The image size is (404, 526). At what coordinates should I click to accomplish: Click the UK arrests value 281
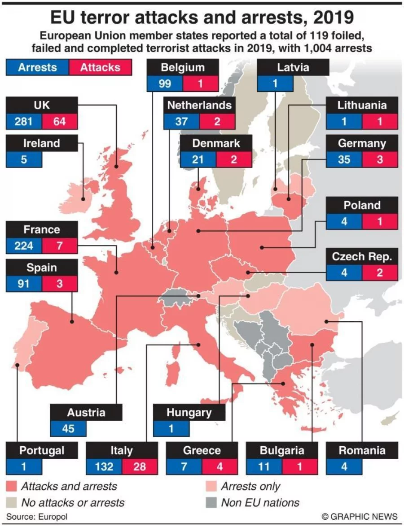[x=24, y=121]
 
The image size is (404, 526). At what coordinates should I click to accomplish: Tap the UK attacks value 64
[x=60, y=121]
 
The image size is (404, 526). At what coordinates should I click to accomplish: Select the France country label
[x=42, y=230]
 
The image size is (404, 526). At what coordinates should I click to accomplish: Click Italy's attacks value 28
[x=140, y=466]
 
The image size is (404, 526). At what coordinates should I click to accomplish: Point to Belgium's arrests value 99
[x=165, y=83]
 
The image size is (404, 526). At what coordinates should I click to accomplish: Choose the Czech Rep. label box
[x=362, y=257]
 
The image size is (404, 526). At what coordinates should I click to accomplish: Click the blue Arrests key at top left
[x=37, y=67]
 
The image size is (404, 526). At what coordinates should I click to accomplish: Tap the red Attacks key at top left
[x=100, y=67]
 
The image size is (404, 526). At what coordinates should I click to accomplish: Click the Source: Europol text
[x=37, y=517]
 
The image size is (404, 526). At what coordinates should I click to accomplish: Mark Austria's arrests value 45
[x=68, y=428]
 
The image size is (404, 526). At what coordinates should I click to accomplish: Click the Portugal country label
[x=42, y=450]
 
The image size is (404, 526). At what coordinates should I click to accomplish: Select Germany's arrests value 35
[x=344, y=160]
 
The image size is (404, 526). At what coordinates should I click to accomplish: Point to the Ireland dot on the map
[x=83, y=198]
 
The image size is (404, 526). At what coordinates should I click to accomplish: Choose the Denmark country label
[x=216, y=143]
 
